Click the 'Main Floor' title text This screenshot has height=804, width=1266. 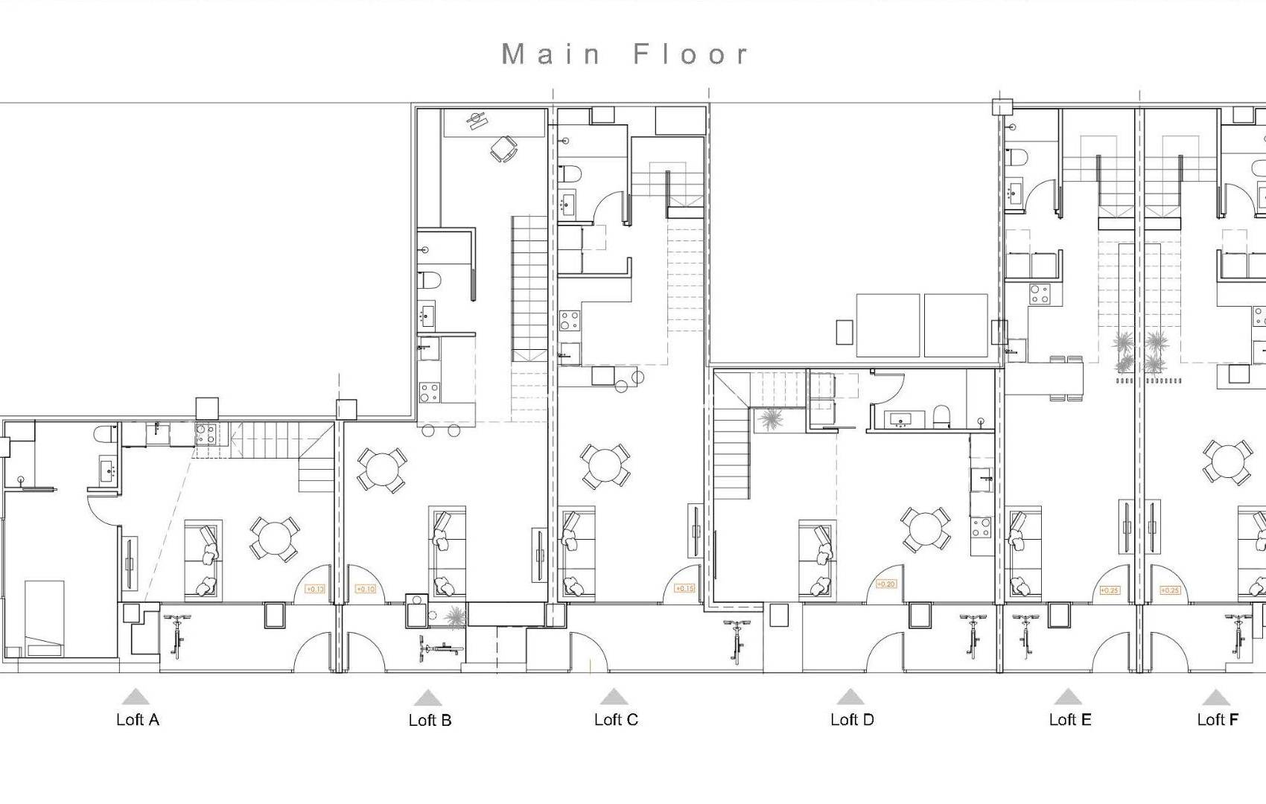(626, 54)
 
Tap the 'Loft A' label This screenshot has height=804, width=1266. (138, 719)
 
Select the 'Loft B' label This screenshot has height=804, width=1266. (430, 720)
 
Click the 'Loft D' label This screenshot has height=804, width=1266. (852, 719)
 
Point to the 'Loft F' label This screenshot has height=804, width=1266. (1218, 719)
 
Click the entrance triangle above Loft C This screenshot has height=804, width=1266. (614, 697)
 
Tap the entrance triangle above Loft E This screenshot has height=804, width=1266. (1068, 697)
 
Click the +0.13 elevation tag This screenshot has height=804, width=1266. (315, 589)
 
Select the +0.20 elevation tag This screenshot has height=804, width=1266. (885, 584)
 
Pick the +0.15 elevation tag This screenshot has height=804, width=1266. (684, 588)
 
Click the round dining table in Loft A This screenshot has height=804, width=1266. (275, 538)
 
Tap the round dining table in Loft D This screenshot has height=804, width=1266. (925, 529)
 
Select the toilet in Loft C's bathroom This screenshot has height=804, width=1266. (571, 173)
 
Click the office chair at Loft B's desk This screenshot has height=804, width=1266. (504, 149)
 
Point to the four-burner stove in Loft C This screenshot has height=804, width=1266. (570, 320)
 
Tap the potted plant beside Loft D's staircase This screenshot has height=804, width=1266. (770, 420)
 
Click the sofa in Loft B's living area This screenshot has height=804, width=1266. (446, 551)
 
